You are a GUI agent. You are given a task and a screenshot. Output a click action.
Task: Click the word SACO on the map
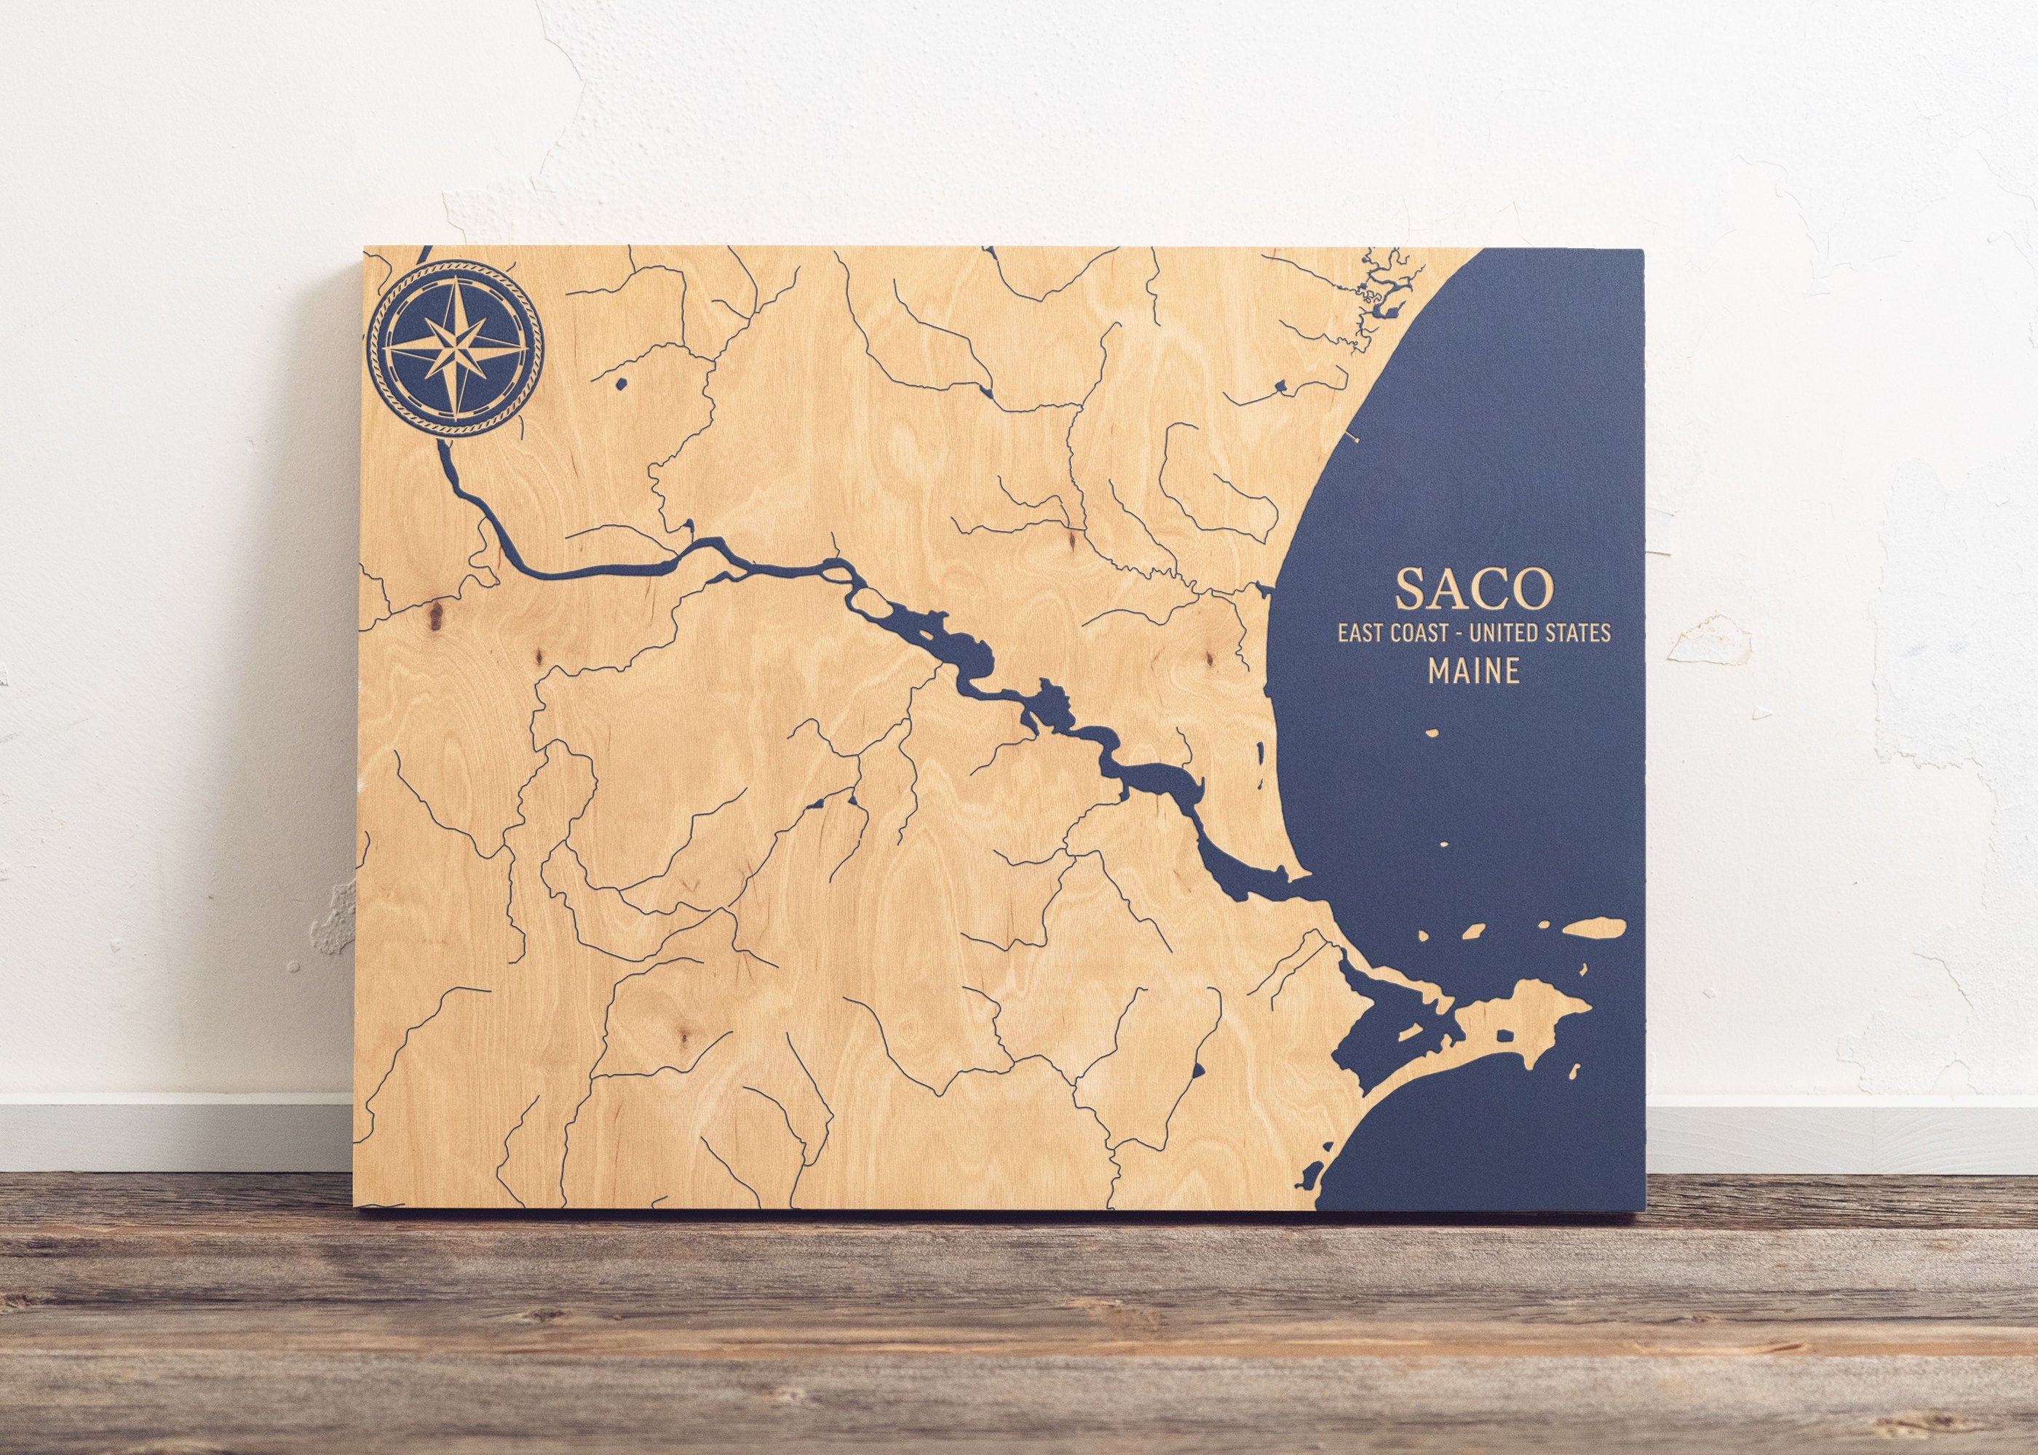(1472, 589)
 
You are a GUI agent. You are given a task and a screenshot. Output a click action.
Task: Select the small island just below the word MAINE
(1432, 736)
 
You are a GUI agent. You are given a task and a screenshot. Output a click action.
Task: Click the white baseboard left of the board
(179, 1125)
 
